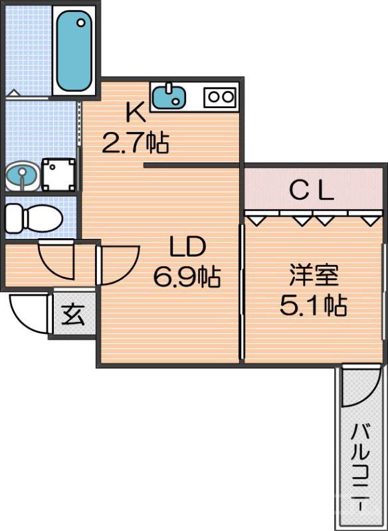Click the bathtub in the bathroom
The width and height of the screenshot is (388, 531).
pyautogui.click(x=74, y=52)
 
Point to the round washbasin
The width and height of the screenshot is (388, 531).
pyautogui.click(x=22, y=176)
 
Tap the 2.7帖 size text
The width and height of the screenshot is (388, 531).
pyautogui.click(x=135, y=141)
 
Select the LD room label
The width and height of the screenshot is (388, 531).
pyautogui.click(x=187, y=248)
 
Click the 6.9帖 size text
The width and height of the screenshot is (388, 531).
pyautogui.click(x=187, y=275)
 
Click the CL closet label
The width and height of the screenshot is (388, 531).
pyautogui.click(x=312, y=191)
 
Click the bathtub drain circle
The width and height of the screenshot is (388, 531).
pyautogui.click(x=81, y=22)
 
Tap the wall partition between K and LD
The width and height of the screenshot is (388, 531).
pyautogui.click(x=191, y=165)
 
